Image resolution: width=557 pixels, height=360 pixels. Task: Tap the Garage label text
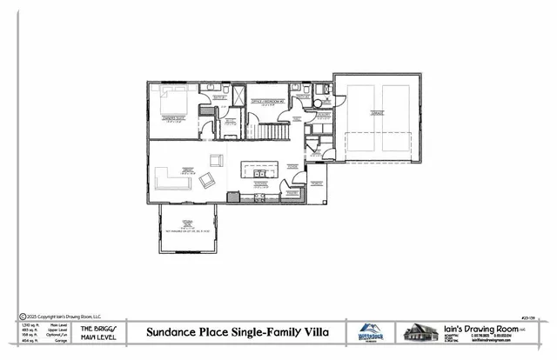click(376, 112)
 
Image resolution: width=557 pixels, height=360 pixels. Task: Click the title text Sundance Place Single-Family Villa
click(234, 332)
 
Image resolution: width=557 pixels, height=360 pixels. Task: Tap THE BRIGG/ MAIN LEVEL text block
click(93, 331)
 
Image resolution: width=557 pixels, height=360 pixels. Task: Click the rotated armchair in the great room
click(208, 181)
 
